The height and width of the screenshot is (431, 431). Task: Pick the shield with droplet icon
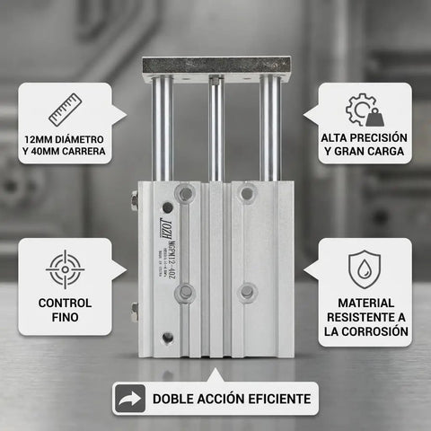(365, 268)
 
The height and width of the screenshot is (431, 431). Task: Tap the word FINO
(65, 318)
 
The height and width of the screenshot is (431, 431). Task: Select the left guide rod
(163, 130)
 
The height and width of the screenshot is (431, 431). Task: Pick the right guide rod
(269, 130)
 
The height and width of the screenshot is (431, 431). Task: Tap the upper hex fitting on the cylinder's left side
(135, 202)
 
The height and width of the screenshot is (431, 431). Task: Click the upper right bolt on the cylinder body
(247, 193)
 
